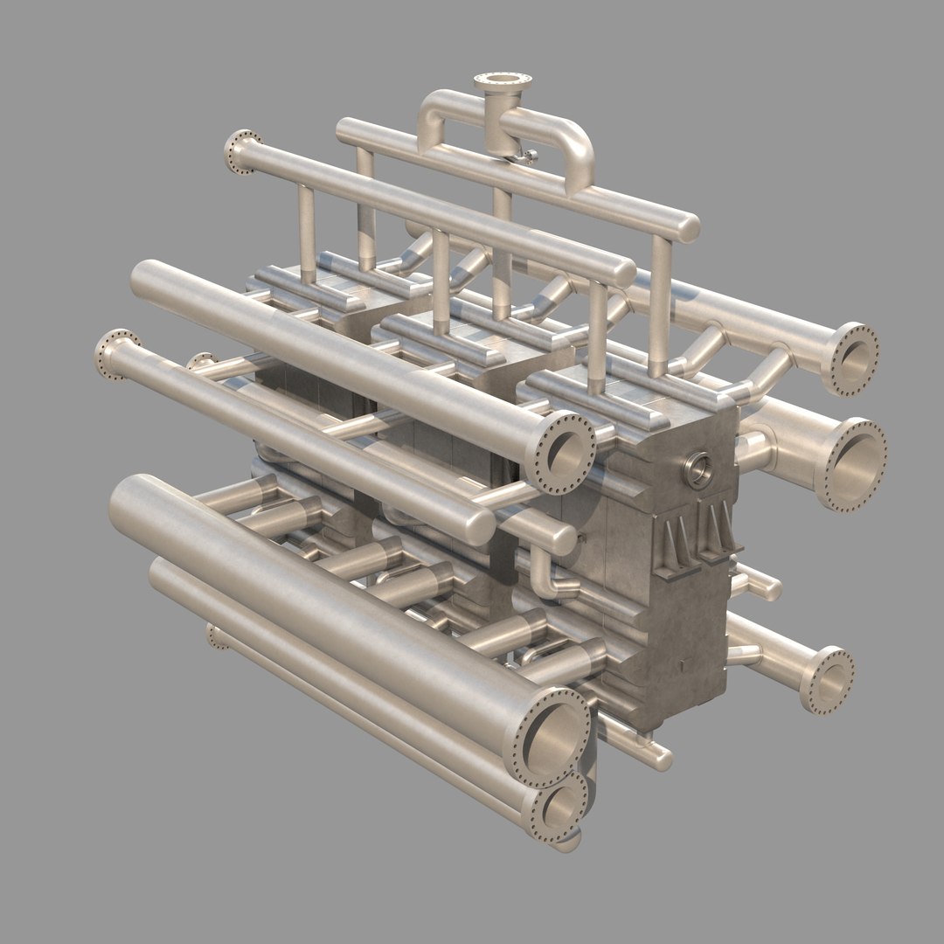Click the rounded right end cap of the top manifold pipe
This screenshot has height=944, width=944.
pos(689,227)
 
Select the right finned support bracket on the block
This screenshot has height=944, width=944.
pos(718,532)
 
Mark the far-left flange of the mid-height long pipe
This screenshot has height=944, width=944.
pos(117,354)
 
